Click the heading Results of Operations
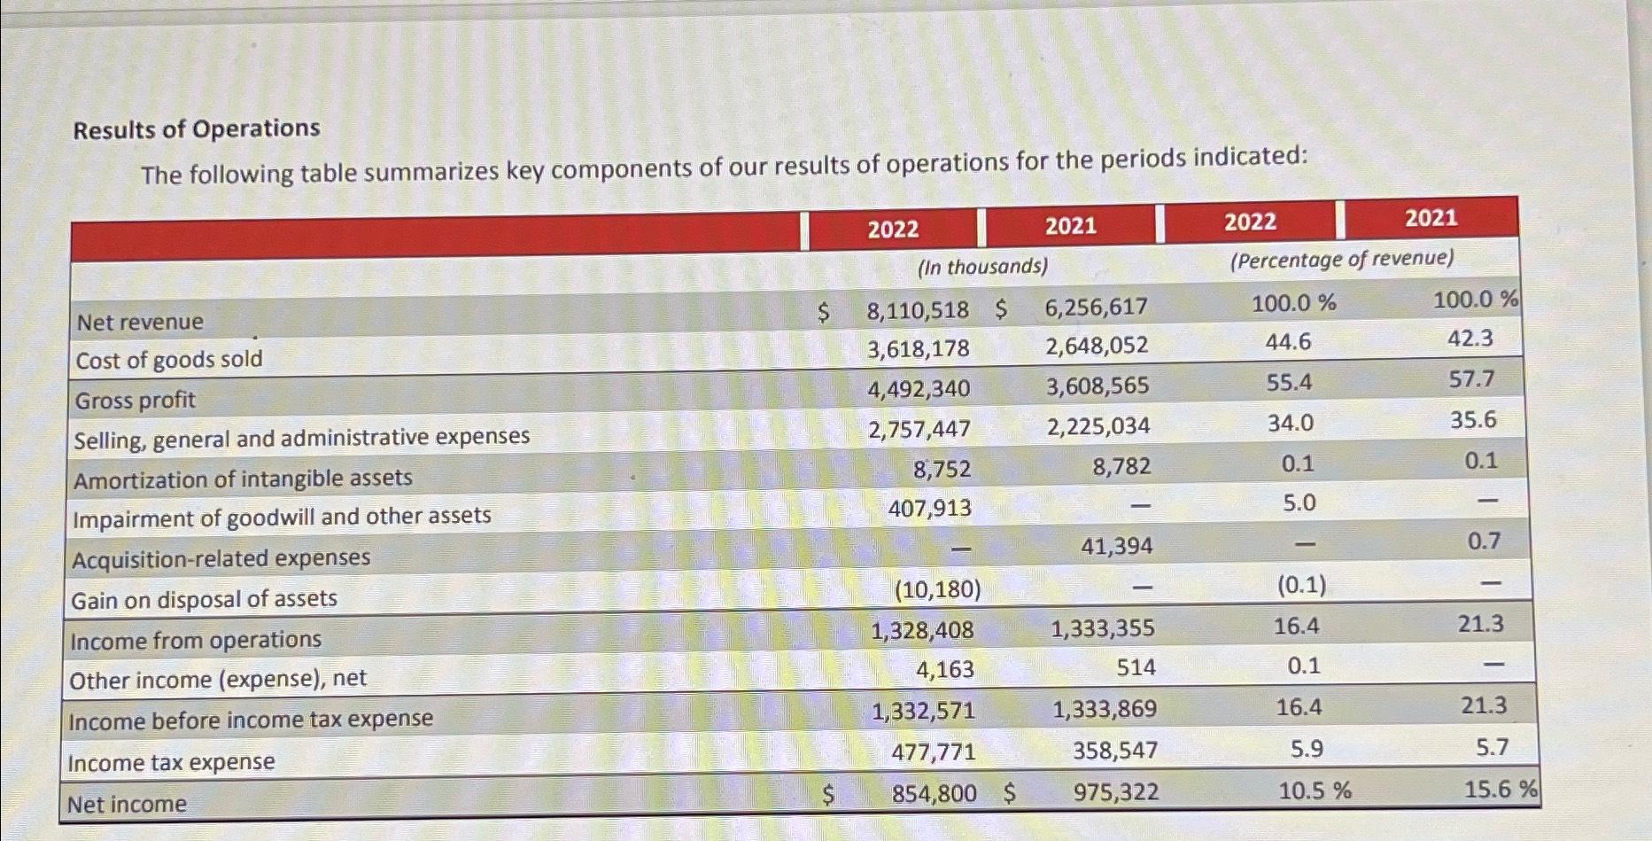point(196,129)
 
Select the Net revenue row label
point(140,322)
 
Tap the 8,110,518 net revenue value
point(918,310)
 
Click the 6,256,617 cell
point(1096,307)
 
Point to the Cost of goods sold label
point(169,360)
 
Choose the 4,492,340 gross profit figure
point(919,388)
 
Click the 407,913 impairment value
point(929,508)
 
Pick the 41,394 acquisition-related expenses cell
point(1116,546)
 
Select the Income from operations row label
point(196,640)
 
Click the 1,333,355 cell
point(1102,628)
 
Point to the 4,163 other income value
point(944,669)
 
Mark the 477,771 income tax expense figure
point(933,751)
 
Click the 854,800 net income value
point(934,793)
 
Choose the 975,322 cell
point(1115,791)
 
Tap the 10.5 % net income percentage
point(1315,790)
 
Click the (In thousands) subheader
point(982,266)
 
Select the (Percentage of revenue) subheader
point(1341,259)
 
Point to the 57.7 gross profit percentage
point(1471,379)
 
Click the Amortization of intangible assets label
point(243,479)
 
